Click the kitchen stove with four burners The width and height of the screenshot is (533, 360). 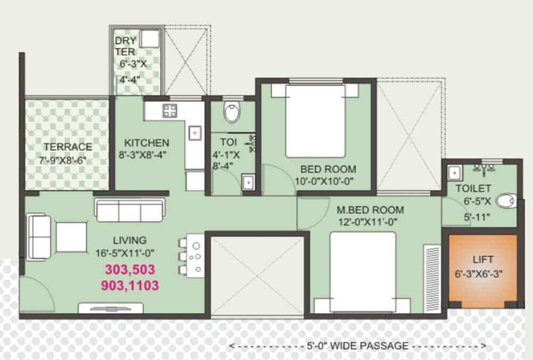click(170, 111)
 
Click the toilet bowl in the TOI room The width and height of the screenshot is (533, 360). click(232, 113)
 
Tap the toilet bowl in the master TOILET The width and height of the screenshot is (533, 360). click(504, 201)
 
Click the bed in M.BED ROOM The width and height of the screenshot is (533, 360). click(362, 272)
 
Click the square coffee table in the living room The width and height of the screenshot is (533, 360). click(71, 238)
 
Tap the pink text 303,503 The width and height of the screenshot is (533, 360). click(129, 269)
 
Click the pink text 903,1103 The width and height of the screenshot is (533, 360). click(130, 286)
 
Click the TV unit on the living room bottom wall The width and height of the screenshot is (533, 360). click(110, 308)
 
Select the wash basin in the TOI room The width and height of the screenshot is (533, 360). click(247, 182)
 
